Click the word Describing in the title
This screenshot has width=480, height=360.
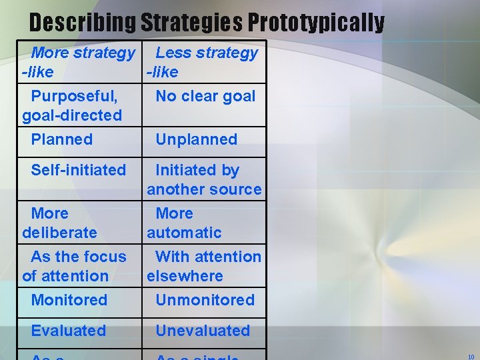click(82, 23)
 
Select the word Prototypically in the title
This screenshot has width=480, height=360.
click(316, 23)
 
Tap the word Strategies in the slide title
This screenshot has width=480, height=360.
click(191, 23)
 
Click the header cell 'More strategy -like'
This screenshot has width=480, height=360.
click(79, 62)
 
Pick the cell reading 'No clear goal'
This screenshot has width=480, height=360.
click(205, 96)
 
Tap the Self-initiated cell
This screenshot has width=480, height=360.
click(78, 170)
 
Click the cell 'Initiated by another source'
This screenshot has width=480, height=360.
click(204, 179)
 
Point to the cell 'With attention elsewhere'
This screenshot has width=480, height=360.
click(204, 266)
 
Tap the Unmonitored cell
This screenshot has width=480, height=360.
click(205, 300)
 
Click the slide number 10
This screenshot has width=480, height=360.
click(471, 356)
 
